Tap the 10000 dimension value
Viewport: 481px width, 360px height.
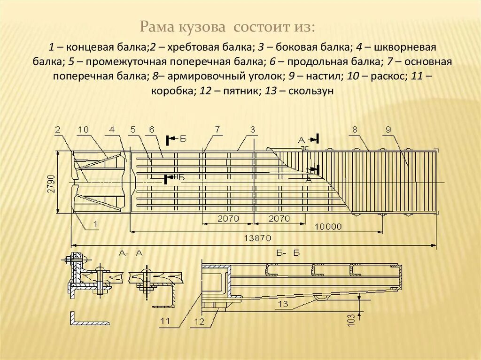click(x=327, y=227)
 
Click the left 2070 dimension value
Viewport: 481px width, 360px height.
click(x=228, y=219)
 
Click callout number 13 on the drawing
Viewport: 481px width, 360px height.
click(x=282, y=304)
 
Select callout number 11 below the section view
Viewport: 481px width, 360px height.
click(x=164, y=322)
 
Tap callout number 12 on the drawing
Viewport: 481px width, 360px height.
click(x=200, y=322)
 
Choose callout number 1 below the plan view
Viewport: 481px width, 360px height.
click(x=96, y=224)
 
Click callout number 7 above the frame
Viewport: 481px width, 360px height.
click(x=217, y=129)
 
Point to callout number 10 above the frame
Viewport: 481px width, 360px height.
click(x=83, y=129)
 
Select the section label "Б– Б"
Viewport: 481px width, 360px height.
click(x=287, y=253)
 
